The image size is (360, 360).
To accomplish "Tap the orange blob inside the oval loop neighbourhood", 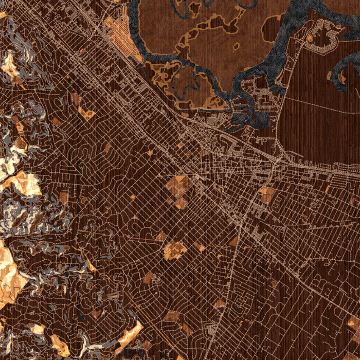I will (x=310, y=38).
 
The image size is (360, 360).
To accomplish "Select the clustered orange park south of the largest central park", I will (x=175, y=250).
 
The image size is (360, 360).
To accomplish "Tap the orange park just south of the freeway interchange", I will (x=266, y=194).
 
